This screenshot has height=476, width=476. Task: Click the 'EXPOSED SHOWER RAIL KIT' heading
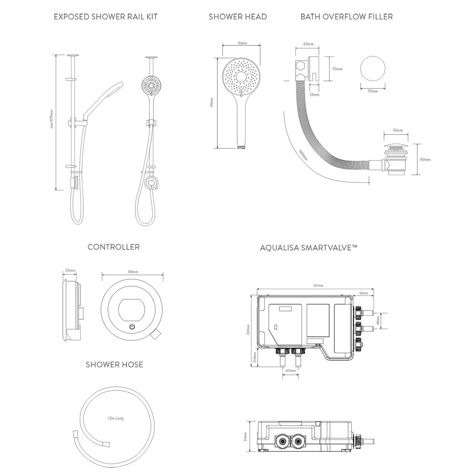tap(106, 17)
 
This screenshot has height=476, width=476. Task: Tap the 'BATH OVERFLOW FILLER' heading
tap(346, 17)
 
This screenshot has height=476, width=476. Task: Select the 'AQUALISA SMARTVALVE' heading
tap(309, 248)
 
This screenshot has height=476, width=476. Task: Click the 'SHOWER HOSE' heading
tap(114, 364)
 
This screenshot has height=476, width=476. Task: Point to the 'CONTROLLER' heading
tap(113, 247)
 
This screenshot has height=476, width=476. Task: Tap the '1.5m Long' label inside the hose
tap(115, 418)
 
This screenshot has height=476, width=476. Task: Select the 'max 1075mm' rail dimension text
tap(52, 119)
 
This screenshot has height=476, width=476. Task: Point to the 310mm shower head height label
tap(212, 103)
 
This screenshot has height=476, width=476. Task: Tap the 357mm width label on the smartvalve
tap(318, 286)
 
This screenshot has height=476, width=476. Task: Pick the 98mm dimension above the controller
tap(133, 272)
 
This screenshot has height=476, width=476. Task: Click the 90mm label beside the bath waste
tap(425, 159)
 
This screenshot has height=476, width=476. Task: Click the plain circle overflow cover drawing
tap(372, 70)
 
